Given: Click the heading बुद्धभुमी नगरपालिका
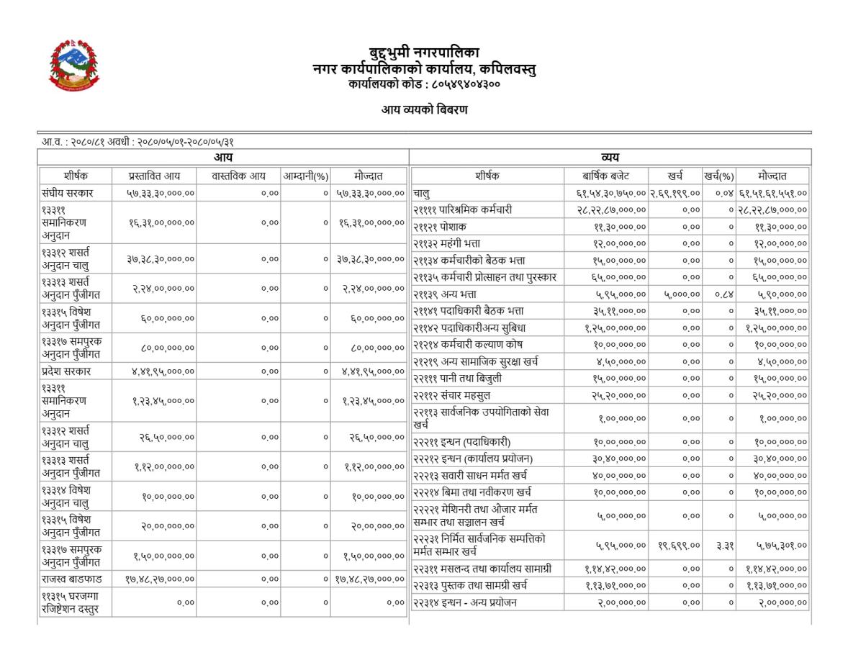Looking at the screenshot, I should pos(423,53).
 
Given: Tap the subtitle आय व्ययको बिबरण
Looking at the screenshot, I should pos(424,110).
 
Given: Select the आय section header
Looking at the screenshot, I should pos(223,158).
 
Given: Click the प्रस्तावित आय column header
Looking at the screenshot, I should pos(153,176).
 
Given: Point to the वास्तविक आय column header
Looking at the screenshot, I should pos(238,176).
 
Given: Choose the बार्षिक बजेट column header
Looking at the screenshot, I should pos(605,176).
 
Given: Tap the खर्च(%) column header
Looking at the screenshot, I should pos(718,176).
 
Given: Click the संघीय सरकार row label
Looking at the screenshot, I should pos(68,193).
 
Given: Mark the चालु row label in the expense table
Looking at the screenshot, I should pos(422,193).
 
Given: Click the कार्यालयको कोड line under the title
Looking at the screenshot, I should pos(423,84).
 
